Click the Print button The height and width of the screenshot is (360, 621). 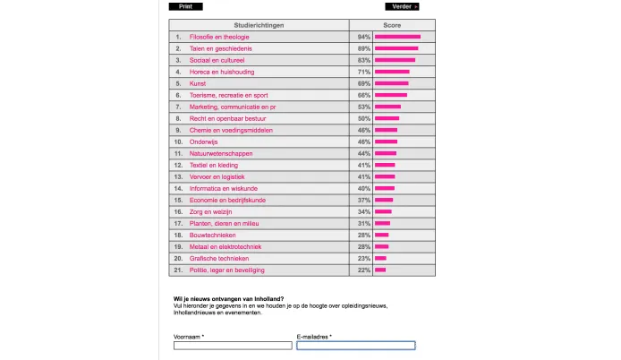click(185, 6)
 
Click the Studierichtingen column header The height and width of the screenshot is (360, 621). click(259, 25)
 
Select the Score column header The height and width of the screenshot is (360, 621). click(392, 25)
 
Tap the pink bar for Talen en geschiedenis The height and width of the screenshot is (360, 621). click(396, 48)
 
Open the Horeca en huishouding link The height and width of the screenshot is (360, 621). click(222, 72)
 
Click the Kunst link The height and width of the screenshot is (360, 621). click(198, 83)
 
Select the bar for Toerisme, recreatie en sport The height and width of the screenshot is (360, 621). click(391, 95)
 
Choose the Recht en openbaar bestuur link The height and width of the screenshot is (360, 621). click(226, 118)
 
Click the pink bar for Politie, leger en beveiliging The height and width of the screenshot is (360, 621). click(380, 270)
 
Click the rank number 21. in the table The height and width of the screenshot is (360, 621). click(178, 270)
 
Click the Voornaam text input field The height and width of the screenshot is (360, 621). click(233, 346)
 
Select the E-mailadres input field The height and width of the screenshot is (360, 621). click(356, 346)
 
